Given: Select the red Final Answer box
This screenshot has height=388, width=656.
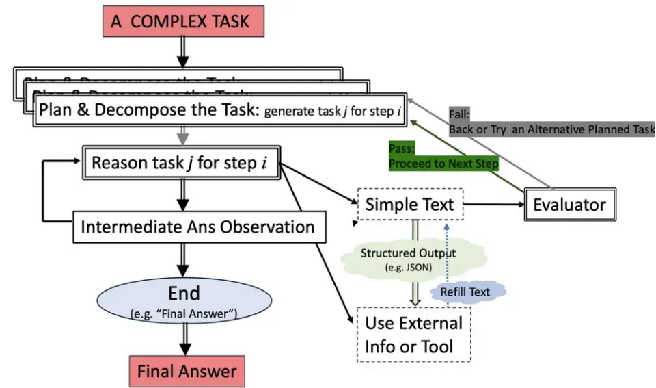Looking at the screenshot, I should (x=187, y=372).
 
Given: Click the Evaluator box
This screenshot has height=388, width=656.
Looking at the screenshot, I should (x=569, y=204).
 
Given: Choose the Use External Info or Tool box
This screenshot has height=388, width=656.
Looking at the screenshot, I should (x=413, y=334).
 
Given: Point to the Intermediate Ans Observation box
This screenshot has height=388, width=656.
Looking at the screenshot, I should (x=197, y=227).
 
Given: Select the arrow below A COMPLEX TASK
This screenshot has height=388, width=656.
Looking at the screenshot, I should (x=182, y=51).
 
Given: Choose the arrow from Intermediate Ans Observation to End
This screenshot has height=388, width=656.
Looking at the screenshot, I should (x=183, y=259).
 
